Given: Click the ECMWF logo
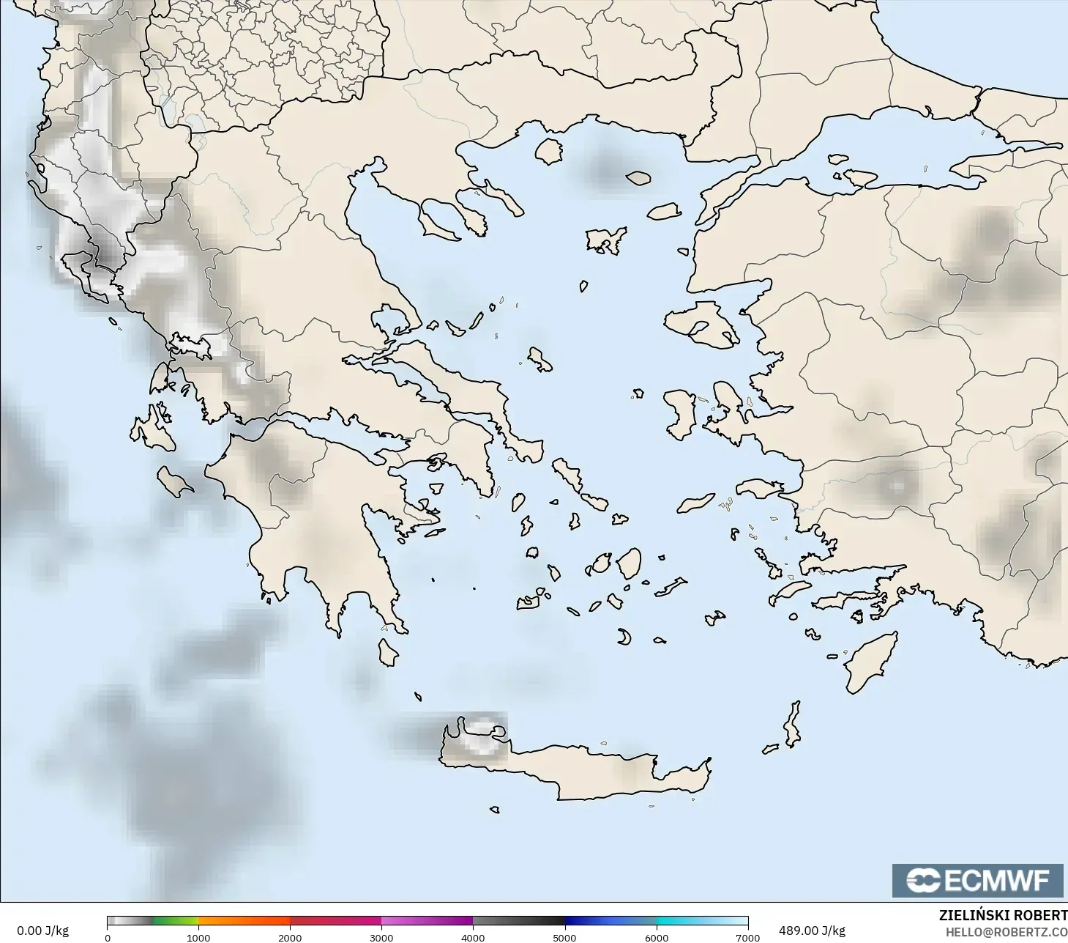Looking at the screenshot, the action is (977, 880).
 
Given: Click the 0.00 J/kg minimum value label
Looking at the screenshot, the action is (42, 931).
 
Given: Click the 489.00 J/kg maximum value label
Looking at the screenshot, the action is (812, 931).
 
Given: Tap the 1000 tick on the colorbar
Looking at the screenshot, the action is (198, 937).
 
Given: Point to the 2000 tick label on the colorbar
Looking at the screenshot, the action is (290, 937).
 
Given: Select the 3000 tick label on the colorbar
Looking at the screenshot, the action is (381, 937).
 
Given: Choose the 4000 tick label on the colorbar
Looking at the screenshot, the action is (473, 937).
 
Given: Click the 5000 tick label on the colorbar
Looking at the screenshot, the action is (564, 937).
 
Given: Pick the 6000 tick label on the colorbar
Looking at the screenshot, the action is (657, 937).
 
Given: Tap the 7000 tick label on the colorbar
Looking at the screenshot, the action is (747, 937).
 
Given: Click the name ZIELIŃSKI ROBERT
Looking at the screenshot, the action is (1003, 915).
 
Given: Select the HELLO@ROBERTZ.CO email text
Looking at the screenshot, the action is (1006, 932).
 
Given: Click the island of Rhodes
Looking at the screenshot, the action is (870, 662).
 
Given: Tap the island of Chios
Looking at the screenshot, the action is (680, 414).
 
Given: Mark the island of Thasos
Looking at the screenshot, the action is (549, 151).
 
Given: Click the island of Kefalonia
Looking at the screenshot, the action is (152, 432).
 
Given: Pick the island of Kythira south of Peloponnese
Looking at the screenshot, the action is (387, 651).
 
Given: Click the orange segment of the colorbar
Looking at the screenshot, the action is (244, 920).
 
